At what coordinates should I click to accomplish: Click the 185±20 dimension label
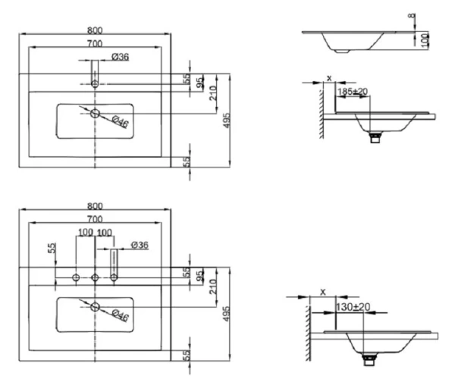click(353, 92)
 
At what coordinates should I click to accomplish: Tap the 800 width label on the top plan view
click(95, 30)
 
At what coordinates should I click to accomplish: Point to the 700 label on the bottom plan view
click(95, 218)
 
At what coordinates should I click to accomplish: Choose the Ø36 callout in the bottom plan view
click(139, 245)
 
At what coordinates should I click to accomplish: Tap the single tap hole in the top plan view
click(94, 83)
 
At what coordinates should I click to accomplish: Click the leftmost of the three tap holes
click(76, 279)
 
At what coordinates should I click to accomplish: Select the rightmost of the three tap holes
click(114, 279)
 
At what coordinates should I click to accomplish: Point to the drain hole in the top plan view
click(95, 113)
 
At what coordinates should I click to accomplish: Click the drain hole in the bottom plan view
click(95, 305)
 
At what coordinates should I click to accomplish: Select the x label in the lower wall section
click(322, 292)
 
